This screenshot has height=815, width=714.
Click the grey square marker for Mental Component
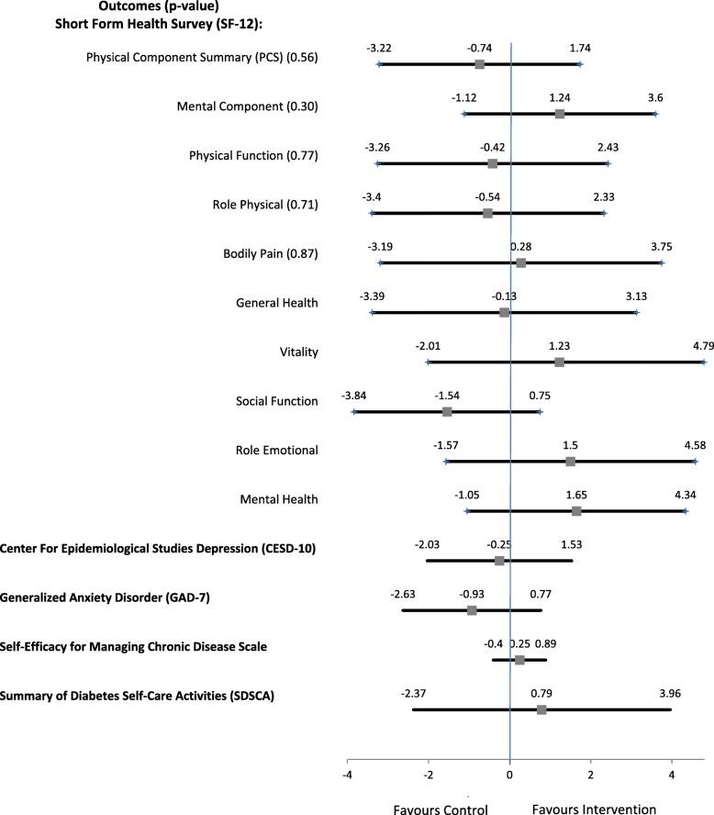click(560, 114)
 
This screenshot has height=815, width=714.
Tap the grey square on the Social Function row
click(447, 411)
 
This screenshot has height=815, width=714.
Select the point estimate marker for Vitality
click(559, 363)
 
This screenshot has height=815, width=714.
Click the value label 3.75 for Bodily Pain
click(662, 246)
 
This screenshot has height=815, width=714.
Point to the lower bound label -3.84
click(354, 395)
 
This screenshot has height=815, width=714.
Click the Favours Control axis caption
click(440, 809)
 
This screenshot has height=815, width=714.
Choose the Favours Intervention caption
click(594, 809)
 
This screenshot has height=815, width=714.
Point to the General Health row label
click(276, 303)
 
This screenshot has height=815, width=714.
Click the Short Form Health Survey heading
click(148, 24)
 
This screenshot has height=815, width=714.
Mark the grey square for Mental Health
click(576, 510)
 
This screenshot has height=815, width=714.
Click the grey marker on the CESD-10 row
click(499, 560)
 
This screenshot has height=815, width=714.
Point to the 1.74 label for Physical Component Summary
click(579, 47)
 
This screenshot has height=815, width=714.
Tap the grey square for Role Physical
click(487, 213)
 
